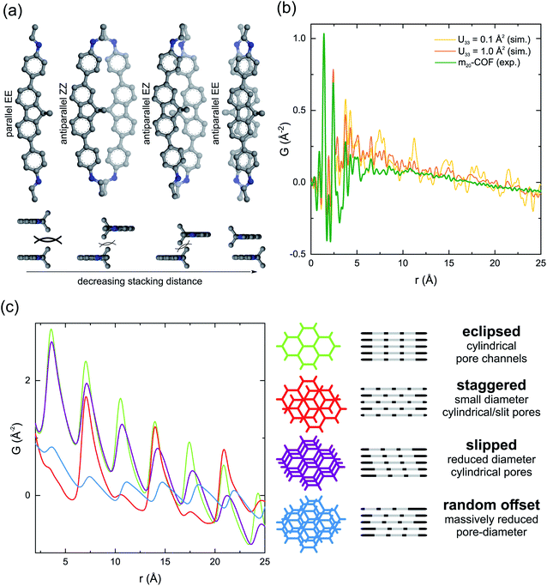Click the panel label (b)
pyautogui.click(x=289, y=10)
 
